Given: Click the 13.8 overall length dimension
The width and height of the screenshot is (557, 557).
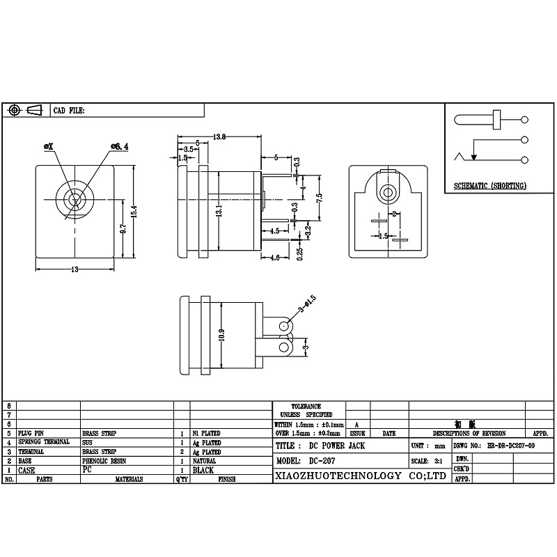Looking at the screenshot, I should tap(219, 136).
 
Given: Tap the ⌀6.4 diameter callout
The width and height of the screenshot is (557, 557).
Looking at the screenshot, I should tap(119, 146).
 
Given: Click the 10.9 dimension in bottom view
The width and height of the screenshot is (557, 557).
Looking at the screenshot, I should tap(222, 335).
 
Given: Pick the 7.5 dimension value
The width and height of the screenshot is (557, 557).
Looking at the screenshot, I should tap(319, 197).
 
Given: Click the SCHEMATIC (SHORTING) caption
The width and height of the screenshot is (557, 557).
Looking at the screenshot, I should tap(489, 186).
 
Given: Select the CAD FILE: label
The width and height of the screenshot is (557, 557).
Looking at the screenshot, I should tap(69, 111).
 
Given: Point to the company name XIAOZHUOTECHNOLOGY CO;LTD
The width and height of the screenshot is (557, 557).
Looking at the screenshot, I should tap(358, 476).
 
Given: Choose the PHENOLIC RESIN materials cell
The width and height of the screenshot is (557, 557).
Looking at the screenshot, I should tap(104, 461).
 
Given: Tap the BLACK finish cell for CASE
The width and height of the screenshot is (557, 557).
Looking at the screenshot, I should tap(205, 470).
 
